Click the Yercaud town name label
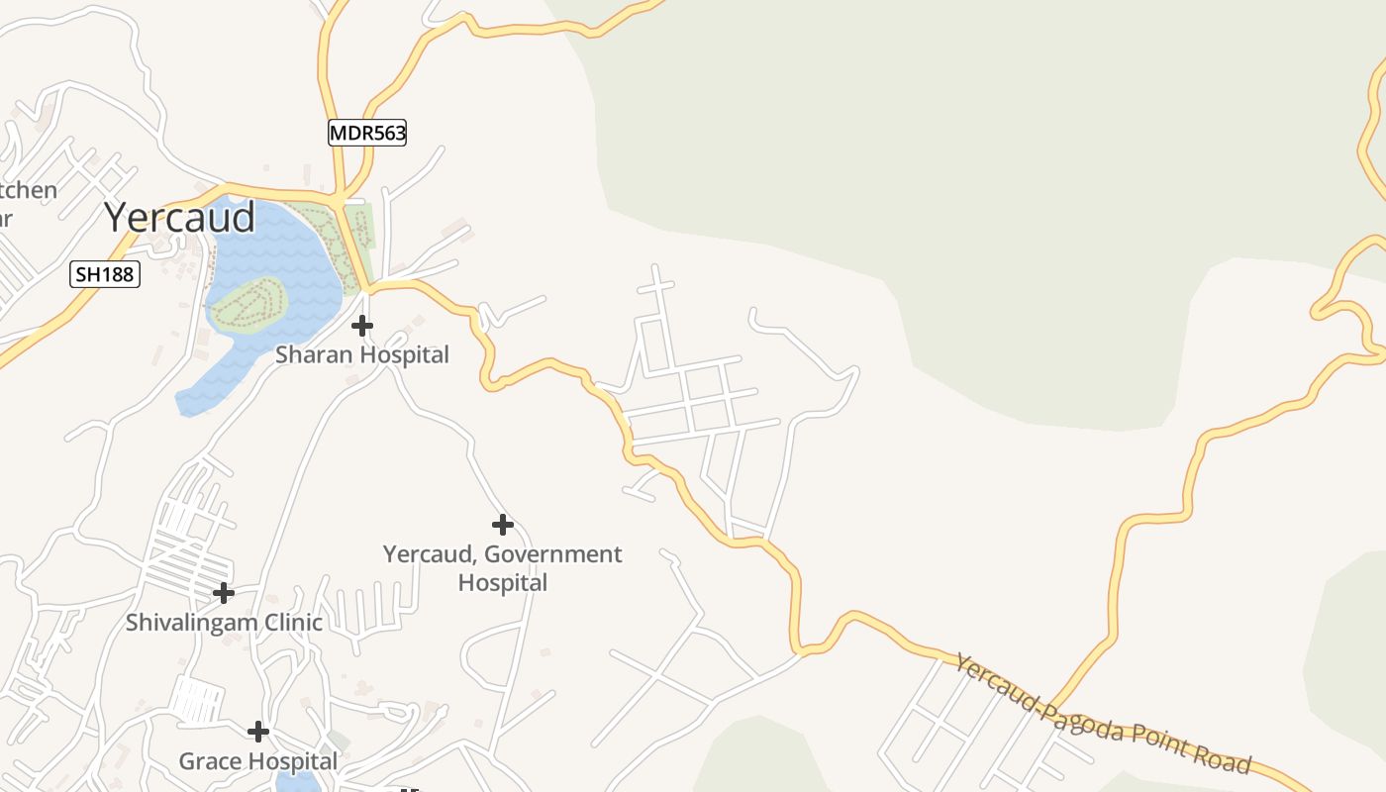tap(179, 217)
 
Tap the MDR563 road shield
tap(367, 133)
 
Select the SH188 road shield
tap(105, 274)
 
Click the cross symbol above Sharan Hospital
tap(362, 325)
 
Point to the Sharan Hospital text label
tap(362, 354)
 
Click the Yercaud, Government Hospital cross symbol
tap(503, 525)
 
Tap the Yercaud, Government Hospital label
tap(503, 567)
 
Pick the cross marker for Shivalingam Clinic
tap(224, 593)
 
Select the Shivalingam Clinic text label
tap(224, 623)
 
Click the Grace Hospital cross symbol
tap(258, 732)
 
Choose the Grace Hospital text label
tap(258, 761)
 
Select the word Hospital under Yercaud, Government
tap(503, 582)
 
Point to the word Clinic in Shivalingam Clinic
tap(292, 623)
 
